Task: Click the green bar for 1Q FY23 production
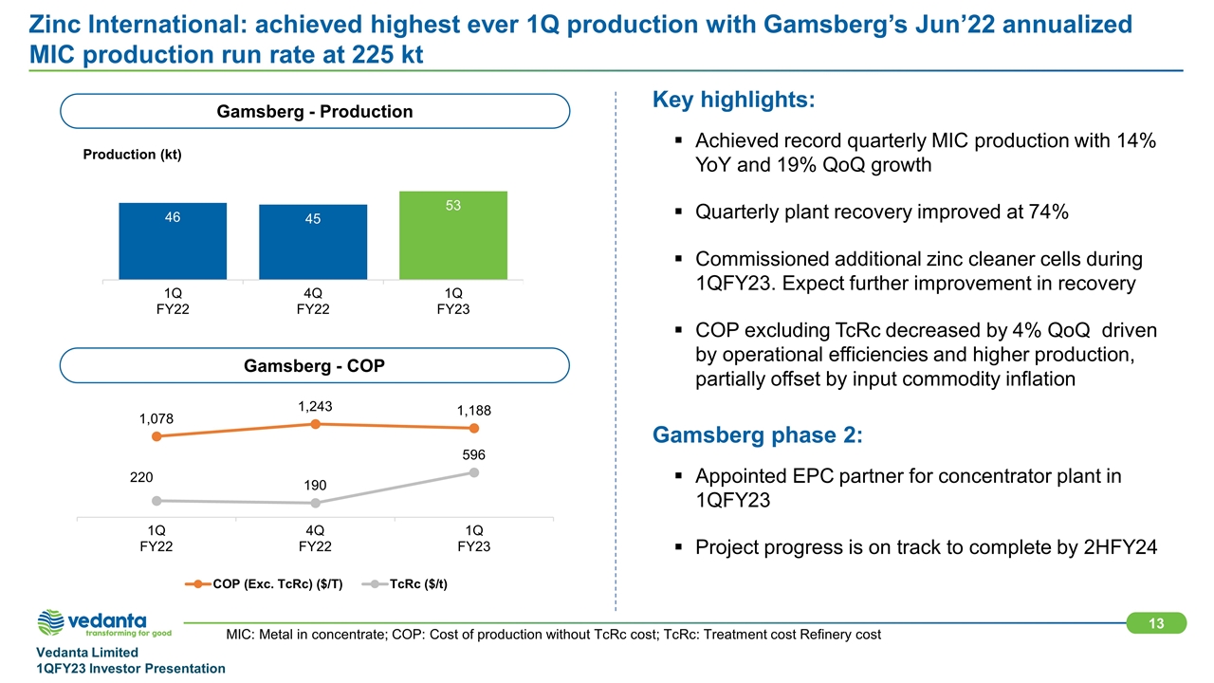[x=453, y=235]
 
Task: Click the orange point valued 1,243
[x=315, y=424]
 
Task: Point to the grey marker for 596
[x=473, y=472]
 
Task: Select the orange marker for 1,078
[x=156, y=436]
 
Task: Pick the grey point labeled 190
[x=315, y=503]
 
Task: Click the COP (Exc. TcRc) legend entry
[x=256, y=583]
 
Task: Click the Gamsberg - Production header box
[x=314, y=112]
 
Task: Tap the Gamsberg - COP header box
[x=314, y=365]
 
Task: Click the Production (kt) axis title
[x=131, y=155]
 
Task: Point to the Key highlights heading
[x=733, y=101]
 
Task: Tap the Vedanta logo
[x=104, y=623]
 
